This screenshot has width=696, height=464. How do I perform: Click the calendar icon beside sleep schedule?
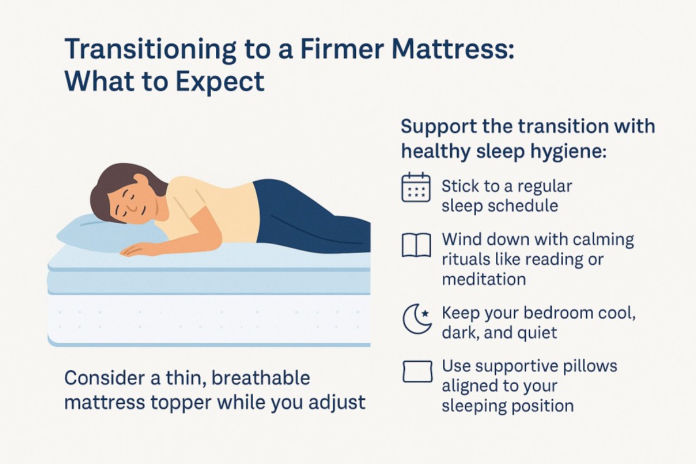(x=416, y=188)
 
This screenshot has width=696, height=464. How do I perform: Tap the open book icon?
(x=417, y=245)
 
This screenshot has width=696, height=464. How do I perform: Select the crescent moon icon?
(x=417, y=319)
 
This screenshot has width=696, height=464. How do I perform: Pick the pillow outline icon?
(x=417, y=372)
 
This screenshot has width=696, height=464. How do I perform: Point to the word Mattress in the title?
(x=453, y=49)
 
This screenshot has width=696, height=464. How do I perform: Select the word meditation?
(x=484, y=279)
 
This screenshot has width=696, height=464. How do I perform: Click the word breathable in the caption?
(x=260, y=378)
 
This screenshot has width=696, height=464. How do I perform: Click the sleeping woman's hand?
(x=136, y=250)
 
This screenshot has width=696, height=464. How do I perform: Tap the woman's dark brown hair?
(x=118, y=186)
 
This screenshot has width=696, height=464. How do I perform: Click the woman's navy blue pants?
(x=311, y=217)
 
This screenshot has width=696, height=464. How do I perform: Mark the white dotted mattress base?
(x=209, y=319)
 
